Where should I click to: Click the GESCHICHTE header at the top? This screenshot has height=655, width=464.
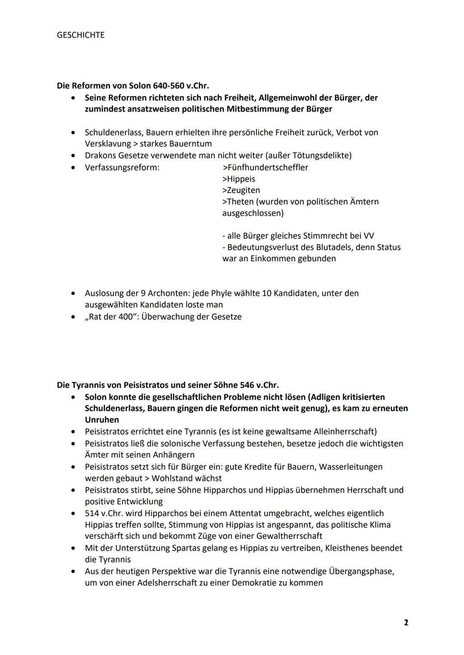(80, 35)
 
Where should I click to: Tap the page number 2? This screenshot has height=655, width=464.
(406, 622)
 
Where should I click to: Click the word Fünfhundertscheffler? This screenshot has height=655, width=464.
(267, 167)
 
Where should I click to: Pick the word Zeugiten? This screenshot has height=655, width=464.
(243, 190)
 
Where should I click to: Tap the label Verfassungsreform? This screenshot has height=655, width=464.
(122, 167)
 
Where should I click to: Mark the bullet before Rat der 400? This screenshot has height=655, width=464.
(75, 317)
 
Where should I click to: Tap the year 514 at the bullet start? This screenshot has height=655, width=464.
(92, 513)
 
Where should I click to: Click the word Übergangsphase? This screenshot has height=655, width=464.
(361, 571)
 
